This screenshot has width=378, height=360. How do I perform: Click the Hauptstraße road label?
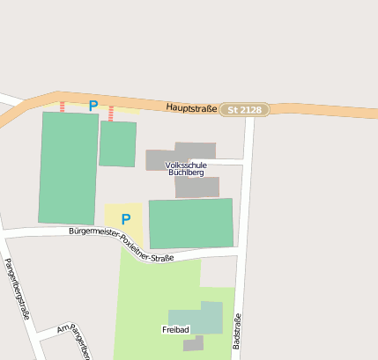[190, 107]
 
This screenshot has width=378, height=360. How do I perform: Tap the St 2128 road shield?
[244, 110]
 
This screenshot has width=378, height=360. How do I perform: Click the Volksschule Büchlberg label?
[186, 169]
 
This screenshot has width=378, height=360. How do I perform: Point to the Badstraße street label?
[237, 331]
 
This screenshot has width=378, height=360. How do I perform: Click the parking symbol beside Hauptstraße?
[93, 106]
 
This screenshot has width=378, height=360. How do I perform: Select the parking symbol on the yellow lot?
[125, 219]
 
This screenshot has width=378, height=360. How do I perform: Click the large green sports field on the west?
[68, 167]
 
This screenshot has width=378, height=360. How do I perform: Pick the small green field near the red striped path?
[117, 143]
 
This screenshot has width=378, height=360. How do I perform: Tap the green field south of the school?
[190, 224]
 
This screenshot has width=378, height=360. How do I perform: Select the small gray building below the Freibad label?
[193, 344]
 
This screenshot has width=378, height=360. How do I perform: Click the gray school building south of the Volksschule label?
[196, 187]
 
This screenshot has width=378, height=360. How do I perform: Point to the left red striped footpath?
[62, 106]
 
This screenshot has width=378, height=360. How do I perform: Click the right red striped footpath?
[110, 113]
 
